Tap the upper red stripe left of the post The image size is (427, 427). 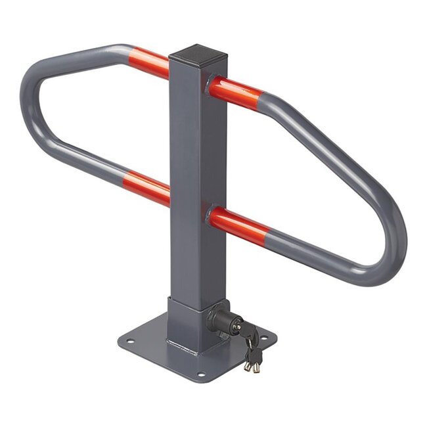click(148, 63)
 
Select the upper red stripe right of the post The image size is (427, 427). click(236, 93)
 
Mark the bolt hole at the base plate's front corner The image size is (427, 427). click(201, 374)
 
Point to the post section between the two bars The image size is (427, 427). click(189, 151)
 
